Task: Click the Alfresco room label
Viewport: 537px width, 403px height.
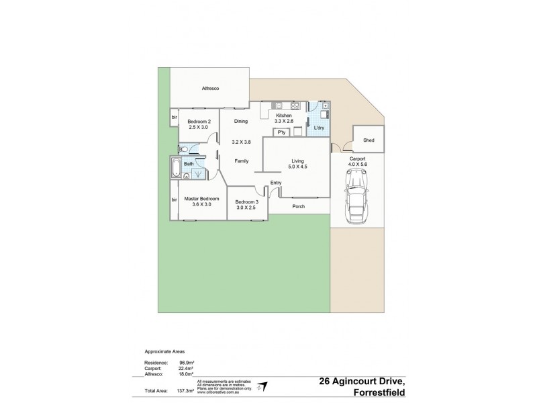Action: coord(211,89)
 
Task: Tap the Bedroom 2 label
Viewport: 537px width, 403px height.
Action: coord(198,122)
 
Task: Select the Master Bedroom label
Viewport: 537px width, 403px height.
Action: coord(201,199)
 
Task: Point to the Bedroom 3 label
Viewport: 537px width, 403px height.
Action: coord(247,202)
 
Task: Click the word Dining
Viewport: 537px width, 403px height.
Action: coord(240,122)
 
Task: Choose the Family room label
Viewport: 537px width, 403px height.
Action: coord(242,161)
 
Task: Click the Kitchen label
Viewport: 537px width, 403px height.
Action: coord(283,116)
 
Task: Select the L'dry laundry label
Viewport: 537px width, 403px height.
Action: coord(320,128)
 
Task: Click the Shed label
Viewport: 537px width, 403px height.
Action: coord(368,140)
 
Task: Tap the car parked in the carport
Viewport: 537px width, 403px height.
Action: coord(357,196)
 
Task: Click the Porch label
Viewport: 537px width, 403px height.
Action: coord(298,206)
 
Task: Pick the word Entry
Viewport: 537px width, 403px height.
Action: coord(276,183)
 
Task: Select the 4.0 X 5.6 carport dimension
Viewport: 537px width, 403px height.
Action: coord(357,163)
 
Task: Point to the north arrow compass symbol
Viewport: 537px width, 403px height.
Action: coord(263,386)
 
